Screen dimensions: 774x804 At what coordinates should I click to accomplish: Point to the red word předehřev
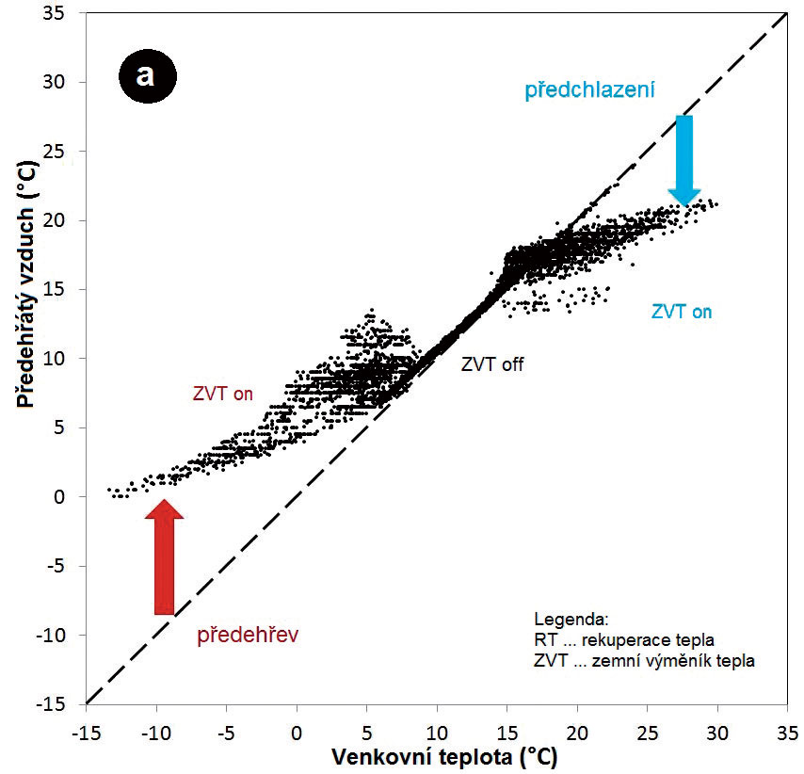(248, 636)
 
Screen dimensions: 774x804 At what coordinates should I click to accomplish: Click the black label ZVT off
(492, 366)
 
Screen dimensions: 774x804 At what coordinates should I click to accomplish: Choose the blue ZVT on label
(682, 313)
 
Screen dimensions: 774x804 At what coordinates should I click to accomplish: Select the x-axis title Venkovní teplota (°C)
(436, 755)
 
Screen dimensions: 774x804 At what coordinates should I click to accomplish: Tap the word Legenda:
(571, 621)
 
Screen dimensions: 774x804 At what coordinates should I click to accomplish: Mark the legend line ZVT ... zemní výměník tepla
(644, 660)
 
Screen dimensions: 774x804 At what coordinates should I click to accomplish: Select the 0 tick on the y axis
(67, 496)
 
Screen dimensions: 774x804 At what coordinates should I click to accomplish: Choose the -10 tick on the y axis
(60, 635)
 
